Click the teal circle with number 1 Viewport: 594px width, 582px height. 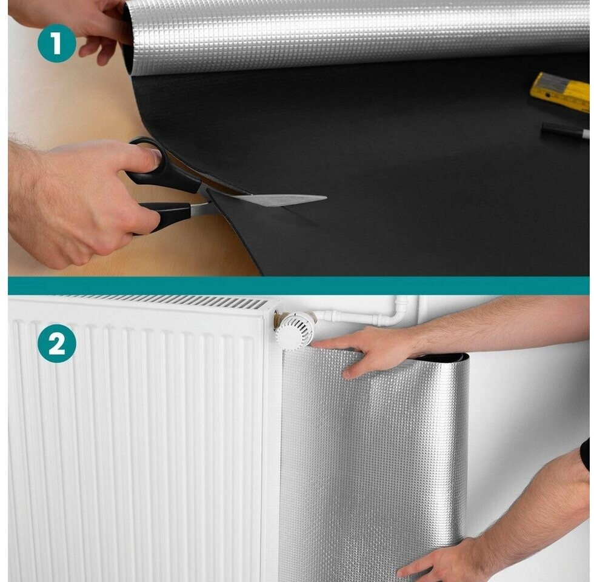[x=57, y=43]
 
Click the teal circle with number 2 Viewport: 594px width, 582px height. [x=57, y=343]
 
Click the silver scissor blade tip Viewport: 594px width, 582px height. [x=326, y=198]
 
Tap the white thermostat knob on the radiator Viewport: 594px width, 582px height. [x=295, y=329]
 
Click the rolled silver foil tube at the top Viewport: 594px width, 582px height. [x=356, y=36]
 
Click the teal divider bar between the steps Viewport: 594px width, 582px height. [x=298, y=286]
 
